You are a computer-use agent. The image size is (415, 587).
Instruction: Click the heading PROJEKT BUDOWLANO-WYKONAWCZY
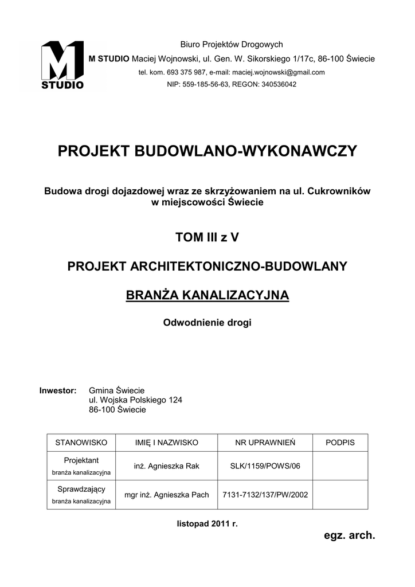click(207, 151)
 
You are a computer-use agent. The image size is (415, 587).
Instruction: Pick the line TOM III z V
click(207, 238)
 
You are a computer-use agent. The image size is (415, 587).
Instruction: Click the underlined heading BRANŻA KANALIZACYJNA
click(207, 295)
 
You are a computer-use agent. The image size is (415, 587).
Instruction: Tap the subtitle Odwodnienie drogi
click(207, 323)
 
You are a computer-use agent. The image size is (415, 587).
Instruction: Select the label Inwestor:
click(58, 390)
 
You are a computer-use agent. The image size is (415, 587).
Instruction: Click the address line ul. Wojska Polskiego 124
click(135, 400)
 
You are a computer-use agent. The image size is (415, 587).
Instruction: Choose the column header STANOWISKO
click(81, 443)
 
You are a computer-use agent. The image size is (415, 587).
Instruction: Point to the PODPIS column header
click(340, 443)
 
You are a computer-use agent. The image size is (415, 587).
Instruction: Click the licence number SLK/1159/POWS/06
click(265, 466)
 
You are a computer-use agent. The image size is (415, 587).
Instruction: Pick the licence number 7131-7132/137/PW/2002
click(265, 495)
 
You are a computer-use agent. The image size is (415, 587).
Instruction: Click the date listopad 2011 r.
click(207, 524)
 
